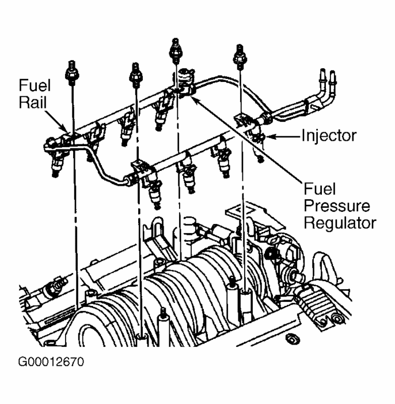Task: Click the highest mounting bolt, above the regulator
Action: point(174,50)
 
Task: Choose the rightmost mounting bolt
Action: point(237,56)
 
